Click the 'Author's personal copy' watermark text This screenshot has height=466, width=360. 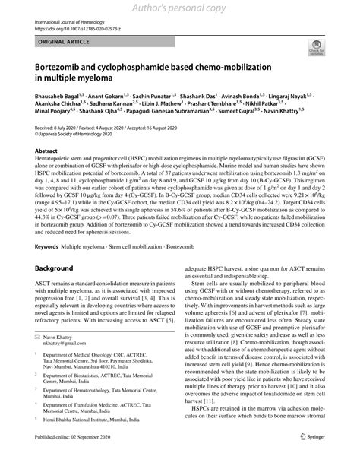point(179,8)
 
